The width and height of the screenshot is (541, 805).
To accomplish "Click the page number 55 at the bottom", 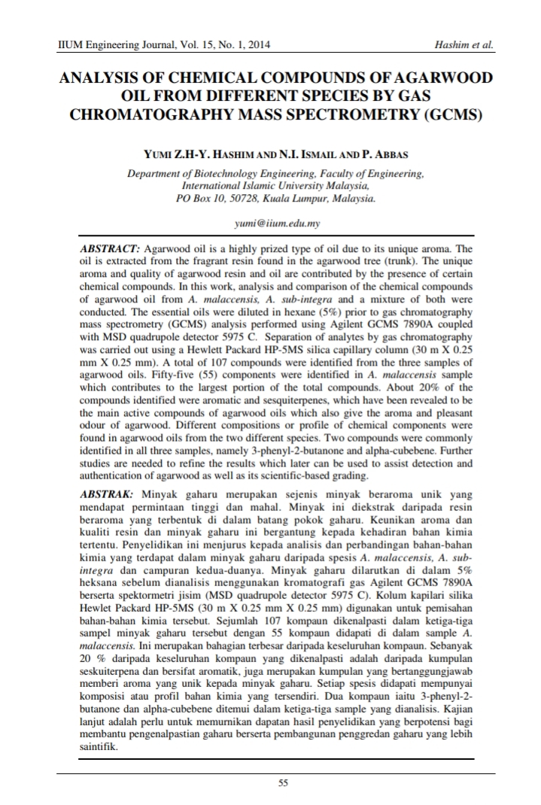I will pyautogui.click(x=283, y=783).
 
